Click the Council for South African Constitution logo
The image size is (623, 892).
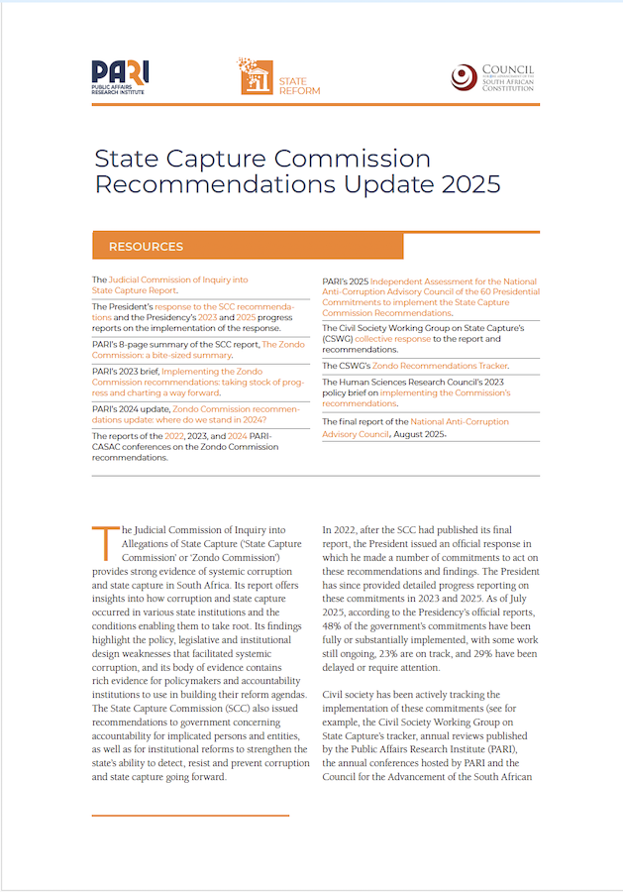pyautogui.click(x=492, y=77)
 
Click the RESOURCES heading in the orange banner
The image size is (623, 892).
pyautogui.click(x=146, y=246)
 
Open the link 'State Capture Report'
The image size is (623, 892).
pyautogui.click(x=134, y=290)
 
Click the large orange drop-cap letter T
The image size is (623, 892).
pyautogui.click(x=103, y=542)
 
